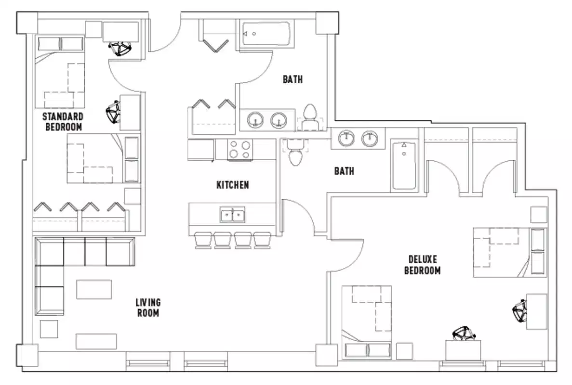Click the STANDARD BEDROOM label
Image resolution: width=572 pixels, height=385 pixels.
coord(63,122)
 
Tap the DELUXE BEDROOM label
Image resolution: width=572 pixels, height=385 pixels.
coord(422,265)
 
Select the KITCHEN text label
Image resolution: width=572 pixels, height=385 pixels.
coord(233,185)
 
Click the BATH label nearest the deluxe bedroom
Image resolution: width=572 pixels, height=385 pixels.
coord(344,171)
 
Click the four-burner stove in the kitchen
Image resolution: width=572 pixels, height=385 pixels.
coord(239,149)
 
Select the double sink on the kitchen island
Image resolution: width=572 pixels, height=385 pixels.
coord(233,215)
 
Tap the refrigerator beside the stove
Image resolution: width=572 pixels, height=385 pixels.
coord(201,150)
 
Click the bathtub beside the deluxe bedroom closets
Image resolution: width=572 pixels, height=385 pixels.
coord(404,165)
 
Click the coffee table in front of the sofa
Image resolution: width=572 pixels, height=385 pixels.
coord(94,289)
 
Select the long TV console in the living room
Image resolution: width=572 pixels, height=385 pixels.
coord(96,341)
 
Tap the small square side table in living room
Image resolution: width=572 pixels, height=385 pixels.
coord(49,329)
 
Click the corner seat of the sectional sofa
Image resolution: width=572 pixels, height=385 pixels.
coord(50,251)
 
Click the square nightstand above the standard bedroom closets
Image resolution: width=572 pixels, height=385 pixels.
coord(133,196)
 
